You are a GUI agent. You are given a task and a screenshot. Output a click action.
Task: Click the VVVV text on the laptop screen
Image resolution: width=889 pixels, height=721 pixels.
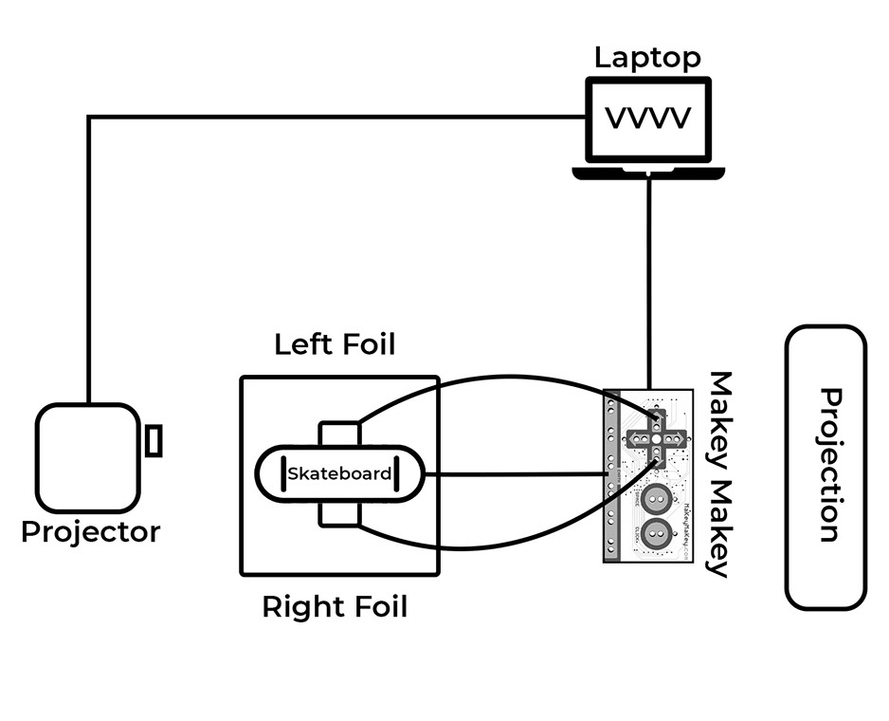pyautogui.click(x=648, y=119)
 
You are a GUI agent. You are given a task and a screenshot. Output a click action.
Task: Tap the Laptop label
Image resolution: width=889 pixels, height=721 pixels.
pyautogui.click(x=647, y=57)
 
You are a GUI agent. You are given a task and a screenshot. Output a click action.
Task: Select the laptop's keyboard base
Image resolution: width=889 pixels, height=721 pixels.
pyautogui.click(x=648, y=172)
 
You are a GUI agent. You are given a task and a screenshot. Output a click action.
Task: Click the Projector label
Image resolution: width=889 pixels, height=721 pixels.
pyautogui.click(x=91, y=531)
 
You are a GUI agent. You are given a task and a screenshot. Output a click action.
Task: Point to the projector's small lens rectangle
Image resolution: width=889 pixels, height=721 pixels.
pyautogui.click(x=154, y=441)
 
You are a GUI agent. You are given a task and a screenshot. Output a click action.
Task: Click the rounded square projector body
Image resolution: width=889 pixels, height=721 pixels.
pyautogui.click(x=88, y=457)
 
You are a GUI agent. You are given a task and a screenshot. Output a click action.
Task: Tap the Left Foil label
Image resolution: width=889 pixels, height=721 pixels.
pyautogui.click(x=335, y=344)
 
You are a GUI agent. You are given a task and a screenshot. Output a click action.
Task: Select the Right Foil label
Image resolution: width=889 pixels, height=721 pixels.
pyautogui.click(x=335, y=606)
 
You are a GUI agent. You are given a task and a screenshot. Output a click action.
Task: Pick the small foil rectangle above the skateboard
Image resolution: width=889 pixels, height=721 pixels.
pyautogui.click(x=339, y=434)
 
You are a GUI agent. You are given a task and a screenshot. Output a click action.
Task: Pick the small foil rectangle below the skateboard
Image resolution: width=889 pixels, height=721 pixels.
pyautogui.click(x=339, y=512)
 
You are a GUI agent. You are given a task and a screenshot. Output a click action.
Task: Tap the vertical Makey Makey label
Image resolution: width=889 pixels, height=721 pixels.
pyautogui.click(x=722, y=473)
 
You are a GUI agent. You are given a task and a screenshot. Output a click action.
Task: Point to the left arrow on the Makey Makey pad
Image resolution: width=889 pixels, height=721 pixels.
pyautogui.click(x=636, y=438)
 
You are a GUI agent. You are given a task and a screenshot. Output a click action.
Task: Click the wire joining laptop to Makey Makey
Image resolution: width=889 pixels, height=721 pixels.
pyautogui.click(x=649, y=285)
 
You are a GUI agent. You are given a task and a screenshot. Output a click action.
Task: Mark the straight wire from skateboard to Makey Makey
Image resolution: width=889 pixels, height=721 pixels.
pyautogui.click(x=517, y=473)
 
